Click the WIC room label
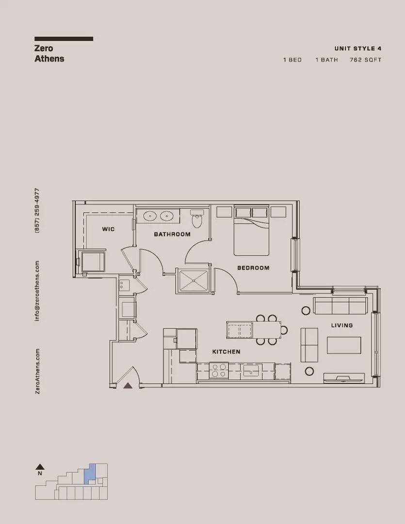click(108, 229)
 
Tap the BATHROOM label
click(172, 234)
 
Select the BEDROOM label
click(253, 268)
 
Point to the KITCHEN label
click(226, 352)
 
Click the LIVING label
click(342, 325)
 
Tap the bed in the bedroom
click(251, 230)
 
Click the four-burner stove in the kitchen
click(219, 371)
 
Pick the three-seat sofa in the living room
click(340, 306)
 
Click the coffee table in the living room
click(344, 345)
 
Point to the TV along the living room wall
click(343, 378)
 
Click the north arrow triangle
click(40, 467)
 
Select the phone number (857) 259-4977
click(37, 211)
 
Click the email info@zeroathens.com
click(37, 291)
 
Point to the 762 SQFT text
click(366, 60)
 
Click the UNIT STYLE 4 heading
click(358, 49)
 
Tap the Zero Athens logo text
click(49, 53)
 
